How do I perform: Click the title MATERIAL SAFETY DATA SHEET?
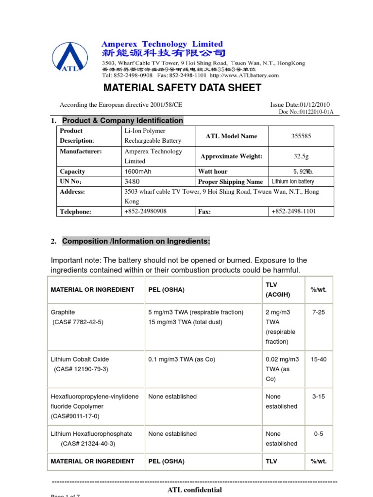(182, 88)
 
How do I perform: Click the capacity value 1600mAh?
(138, 171)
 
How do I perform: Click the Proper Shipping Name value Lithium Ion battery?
(293, 182)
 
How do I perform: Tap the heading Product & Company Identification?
(122, 120)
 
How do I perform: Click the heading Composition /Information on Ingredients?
(136, 241)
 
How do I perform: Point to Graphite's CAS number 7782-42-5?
(80, 322)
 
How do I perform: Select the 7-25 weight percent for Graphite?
(319, 312)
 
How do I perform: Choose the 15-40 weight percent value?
(319, 359)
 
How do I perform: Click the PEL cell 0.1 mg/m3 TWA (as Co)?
(182, 359)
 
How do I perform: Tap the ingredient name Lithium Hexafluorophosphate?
(91, 434)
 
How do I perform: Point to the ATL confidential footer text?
(195, 490)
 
